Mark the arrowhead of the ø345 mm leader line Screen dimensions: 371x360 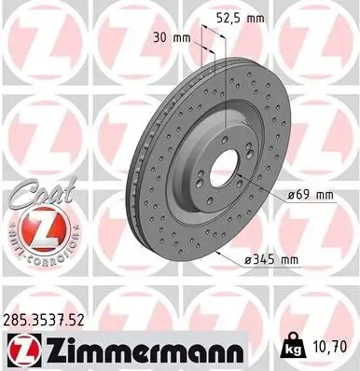[215, 254]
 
